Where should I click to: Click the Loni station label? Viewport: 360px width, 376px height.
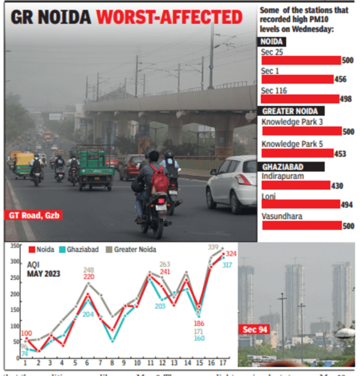coord(268,196)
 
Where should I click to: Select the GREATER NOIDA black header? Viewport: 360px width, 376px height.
coord(292,111)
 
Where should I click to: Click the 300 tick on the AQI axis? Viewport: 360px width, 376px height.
coord(14,262)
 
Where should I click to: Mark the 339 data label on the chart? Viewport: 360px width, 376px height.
coord(213,247)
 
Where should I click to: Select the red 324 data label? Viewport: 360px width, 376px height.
coord(232,254)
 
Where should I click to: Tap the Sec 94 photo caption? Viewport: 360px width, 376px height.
coord(255,330)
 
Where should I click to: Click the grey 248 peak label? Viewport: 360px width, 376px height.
coord(89,270)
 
